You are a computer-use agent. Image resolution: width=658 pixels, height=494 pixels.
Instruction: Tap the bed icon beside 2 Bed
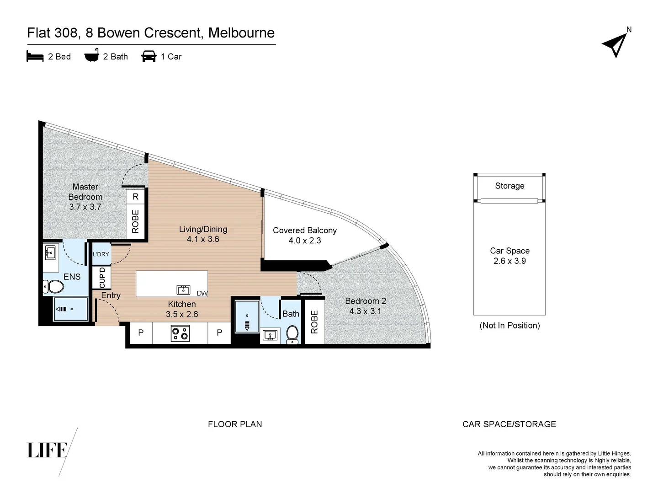coord(35,57)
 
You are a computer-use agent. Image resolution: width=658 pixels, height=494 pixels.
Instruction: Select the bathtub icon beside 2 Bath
coord(92,56)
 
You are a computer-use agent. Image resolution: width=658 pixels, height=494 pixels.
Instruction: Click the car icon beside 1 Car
coord(149,57)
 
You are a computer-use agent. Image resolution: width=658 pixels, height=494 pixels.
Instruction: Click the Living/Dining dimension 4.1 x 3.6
coord(203,239)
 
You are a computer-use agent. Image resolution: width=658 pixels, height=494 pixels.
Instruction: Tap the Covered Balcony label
coord(305,231)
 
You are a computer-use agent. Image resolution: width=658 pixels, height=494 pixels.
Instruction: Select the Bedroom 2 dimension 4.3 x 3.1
coord(365,311)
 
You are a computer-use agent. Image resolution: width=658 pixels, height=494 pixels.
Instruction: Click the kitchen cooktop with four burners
coord(180,333)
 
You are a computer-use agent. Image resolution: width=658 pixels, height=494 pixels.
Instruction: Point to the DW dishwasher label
coord(202,293)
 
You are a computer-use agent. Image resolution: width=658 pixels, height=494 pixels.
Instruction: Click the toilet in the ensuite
coord(54,287)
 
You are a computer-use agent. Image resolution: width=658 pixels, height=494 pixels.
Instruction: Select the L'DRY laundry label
coord(101,254)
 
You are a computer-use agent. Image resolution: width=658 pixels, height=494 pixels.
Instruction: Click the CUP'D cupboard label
coord(102,278)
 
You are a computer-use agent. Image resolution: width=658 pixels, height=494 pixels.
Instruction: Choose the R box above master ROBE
coord(135,197)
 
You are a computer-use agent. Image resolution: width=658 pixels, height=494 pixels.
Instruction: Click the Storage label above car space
coord(509,186)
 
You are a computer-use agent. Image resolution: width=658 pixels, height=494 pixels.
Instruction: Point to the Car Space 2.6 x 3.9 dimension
coord(509,261)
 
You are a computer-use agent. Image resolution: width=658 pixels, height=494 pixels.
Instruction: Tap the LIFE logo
coord(48,450)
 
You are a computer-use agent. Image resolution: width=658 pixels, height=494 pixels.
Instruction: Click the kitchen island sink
coord(183,290)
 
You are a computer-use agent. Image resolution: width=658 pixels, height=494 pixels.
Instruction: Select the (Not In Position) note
coord(509,326)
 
